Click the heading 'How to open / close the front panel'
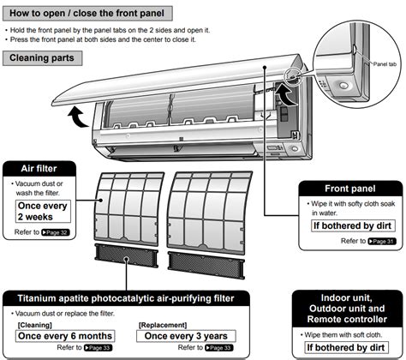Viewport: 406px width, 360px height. click(x=87, y=13)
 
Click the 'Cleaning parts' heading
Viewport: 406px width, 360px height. click(x=42, y=58)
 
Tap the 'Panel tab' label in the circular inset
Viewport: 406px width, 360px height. click(x=385, y=64)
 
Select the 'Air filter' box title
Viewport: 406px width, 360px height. click(x=39, y=169)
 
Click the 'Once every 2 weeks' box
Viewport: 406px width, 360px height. click(x=43, y=211)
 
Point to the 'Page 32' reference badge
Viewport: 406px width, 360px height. click(x=56, y=232)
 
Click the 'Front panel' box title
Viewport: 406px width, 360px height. click(x=350, y=189)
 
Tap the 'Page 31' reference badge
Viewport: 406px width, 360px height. click(x=382, y=241)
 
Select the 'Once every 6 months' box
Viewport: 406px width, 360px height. click(x=65, y=336)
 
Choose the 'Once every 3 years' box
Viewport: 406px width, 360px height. click(x=186, y=336)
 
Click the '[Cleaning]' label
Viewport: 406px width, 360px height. click(x=35, y=325)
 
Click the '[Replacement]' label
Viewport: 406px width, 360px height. click(x=163, y=325)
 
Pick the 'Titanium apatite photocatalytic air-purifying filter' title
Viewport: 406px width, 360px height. click(x=126, y=298)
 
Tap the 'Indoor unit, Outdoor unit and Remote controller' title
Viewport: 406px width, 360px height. click(x=347, y=309)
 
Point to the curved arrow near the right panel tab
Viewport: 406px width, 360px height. click(x=285, y=94)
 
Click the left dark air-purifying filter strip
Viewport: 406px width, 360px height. click(x=126, y=255)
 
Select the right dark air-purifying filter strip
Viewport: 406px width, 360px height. click(x=206, y=265)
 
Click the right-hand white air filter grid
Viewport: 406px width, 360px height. click(x=210, y=213)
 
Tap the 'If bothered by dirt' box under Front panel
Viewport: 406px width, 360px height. click(x=353, y=225)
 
